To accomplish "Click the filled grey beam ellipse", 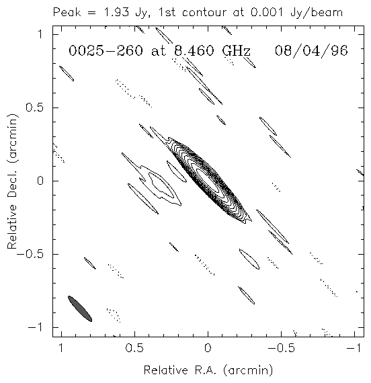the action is point(80,308).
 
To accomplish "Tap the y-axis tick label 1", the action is point(40,34).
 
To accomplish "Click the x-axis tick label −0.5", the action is point(281,348).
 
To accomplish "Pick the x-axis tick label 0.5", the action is point(134,348).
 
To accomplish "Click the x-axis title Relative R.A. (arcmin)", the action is point(208,370).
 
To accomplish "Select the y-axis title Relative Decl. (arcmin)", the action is point(12,181).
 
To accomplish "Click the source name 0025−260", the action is point(106,51).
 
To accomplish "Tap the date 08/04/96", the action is point(311,51).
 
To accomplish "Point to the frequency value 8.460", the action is point(194,51).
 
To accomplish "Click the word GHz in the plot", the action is point(237,51).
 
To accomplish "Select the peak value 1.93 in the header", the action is point(116,12).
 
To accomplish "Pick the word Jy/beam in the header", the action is point(317,13).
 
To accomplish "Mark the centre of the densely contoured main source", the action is point(208,181).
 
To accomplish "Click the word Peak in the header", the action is point(67,12).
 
